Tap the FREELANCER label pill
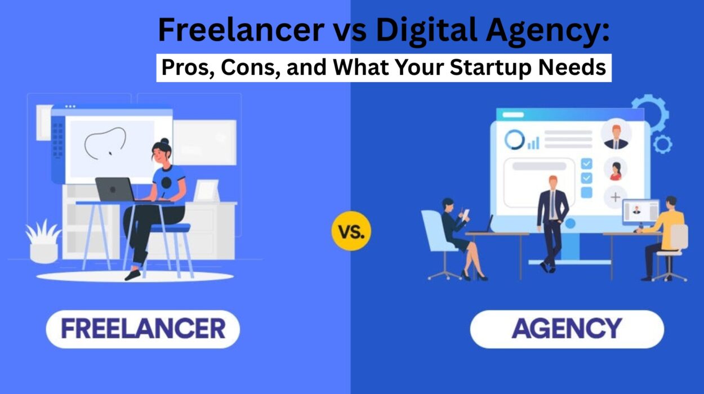tap(142, 328)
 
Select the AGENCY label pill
tap(567, 328)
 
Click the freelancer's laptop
tap(115, 189)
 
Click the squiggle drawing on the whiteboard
tap(105, 141)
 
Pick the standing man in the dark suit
tap(552, 222)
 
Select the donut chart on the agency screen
tap(514, 140)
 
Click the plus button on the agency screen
tap(615, 197)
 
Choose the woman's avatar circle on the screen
tap(615, 168)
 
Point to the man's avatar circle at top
tap(616, 135)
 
